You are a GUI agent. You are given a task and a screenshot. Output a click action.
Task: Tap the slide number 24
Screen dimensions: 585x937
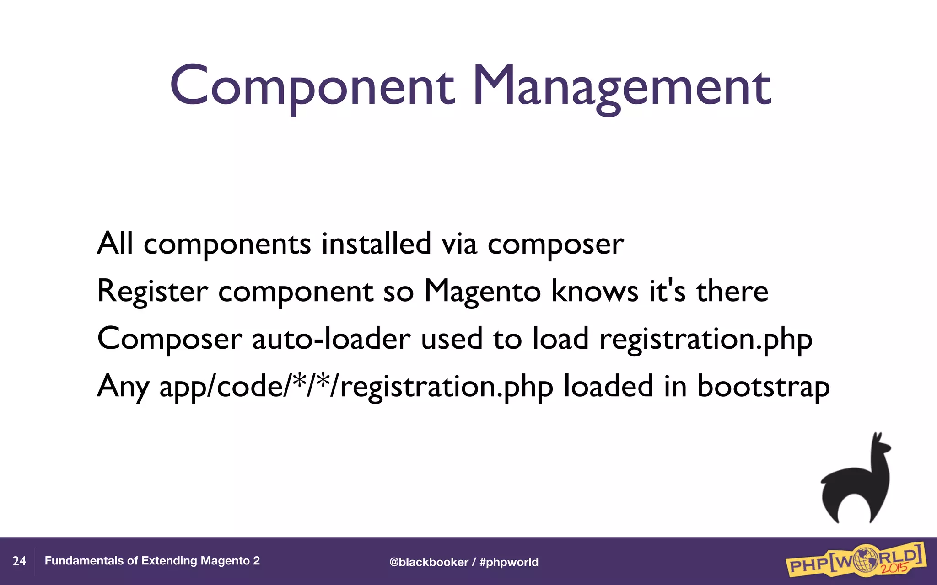tap(19, 561)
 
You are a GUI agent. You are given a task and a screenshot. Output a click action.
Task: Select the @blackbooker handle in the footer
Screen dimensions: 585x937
tap(429, 562)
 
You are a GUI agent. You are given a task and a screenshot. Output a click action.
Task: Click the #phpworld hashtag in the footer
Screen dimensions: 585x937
tap(509, 562)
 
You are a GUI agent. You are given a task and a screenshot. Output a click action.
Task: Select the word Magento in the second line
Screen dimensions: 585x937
tap(483, 291)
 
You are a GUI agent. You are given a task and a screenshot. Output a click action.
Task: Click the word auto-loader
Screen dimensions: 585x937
tap(331, 339)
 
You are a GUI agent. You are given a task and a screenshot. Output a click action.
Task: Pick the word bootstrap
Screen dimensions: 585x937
tap(763, 387)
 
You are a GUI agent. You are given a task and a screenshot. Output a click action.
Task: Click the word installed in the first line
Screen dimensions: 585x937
tap(376, 244)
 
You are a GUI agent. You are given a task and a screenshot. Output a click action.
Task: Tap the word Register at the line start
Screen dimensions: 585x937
tap(152, 291)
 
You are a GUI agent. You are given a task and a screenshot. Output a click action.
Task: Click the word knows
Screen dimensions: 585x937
tap(595, 291)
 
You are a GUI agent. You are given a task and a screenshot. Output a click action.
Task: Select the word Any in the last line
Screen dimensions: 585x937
tap(123, 387)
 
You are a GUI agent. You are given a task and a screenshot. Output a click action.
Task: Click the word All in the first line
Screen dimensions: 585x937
tap(115, 244)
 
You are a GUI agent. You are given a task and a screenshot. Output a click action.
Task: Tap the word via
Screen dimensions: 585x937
tap(459, 244)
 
